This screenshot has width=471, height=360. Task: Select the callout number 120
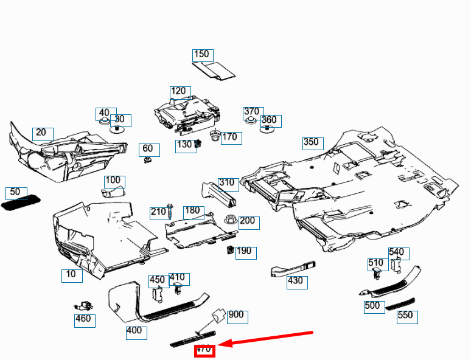(178, 91)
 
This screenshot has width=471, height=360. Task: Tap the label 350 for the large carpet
(311, 142)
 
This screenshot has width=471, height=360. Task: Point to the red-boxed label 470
(204, 350)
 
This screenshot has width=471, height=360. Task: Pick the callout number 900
(236, 315)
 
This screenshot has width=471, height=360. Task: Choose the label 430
(295, 281)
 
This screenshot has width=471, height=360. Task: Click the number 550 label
(405, 316)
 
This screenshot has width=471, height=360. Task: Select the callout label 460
(83, 319)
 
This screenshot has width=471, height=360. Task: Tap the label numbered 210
(158, 212)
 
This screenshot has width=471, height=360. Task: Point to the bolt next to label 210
(170, 212)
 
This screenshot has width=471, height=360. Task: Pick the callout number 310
(227, 183)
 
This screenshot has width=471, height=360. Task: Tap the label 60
(148, 148)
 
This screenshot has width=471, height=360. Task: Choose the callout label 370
(251, 112)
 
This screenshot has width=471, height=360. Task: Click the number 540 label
(397, 252)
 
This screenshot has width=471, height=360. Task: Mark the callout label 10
(71, 274)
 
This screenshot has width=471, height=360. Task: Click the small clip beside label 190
(231, 249)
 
